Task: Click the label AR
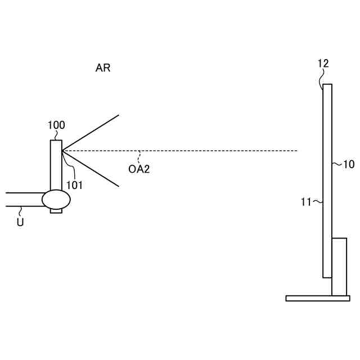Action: pyautogui.click(x=103, y=68)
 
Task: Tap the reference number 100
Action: pyautogui.click(x=56, y=125)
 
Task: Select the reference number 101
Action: pyautogui.click(x=74, y=185)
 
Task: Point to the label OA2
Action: pyautogui.click(x=139, y=168)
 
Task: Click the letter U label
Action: pyautogui.click(x=20, y=222)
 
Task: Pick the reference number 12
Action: pyautogui.click(x=323, y=64)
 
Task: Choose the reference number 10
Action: pyautogui.click(x=348, y=164)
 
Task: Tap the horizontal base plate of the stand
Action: pyautogui.click(x=317, y=298)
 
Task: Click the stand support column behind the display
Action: pyautogui.click(x=339, y=265)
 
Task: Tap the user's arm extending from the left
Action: pyautogui.click(x=22, y=200)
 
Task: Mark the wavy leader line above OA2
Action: pyautogui.click(x=139, y=156)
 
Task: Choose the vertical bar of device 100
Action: pyautogui.click(x=56, y=166)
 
